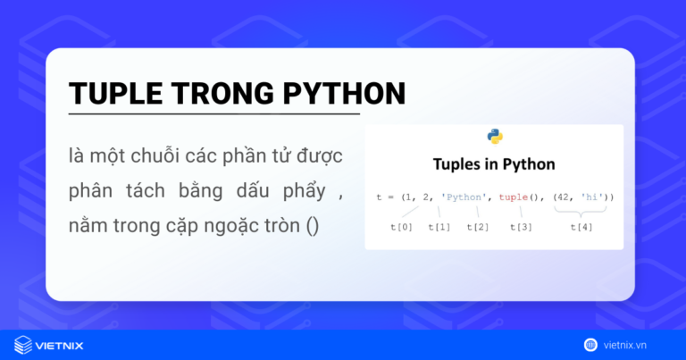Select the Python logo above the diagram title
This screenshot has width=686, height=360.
pos(495,137)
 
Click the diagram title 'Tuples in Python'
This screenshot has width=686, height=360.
pos(494,164)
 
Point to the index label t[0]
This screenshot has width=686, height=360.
pos(402,227)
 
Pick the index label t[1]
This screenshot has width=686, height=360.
pos(439,227)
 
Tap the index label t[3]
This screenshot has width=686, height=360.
pos(521,227)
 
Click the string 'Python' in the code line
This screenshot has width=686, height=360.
pos(464,195)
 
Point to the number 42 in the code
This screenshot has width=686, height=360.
pos(566,195)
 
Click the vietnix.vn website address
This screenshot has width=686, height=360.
pos(635,344)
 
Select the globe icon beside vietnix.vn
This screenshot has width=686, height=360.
pos(591,344)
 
